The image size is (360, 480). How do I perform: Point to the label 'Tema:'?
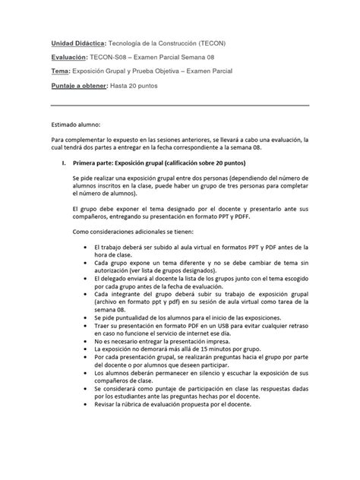point(62,72)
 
